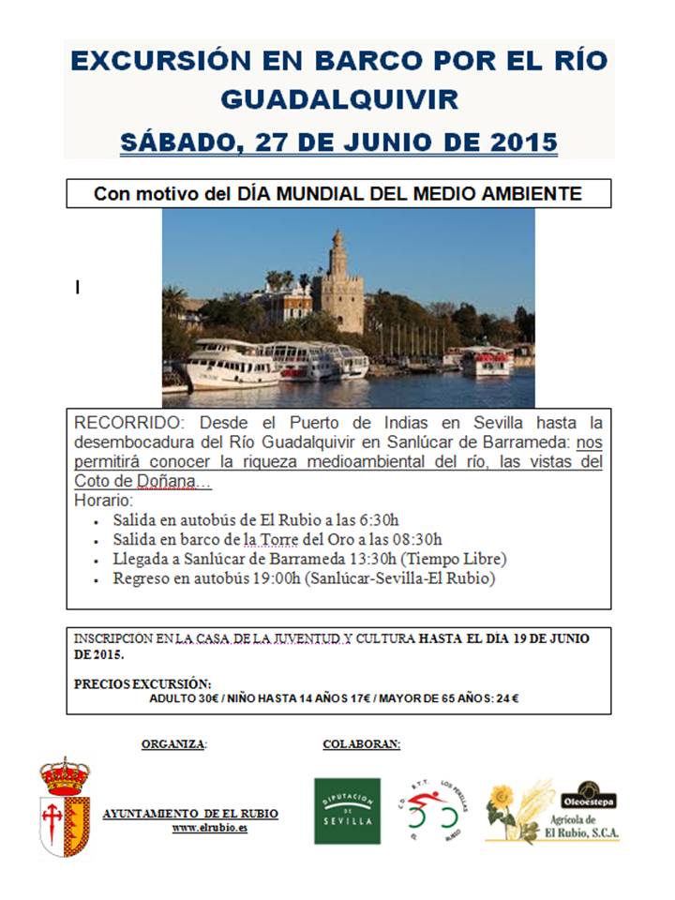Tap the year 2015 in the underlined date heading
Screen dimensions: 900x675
[524, 142]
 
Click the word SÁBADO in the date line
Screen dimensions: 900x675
[172, 142]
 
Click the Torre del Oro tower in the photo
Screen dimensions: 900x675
[338, 281]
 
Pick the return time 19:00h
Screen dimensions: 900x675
[270, 578]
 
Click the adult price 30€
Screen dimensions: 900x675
[210, 697]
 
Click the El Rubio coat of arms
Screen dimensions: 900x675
[64, 807]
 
